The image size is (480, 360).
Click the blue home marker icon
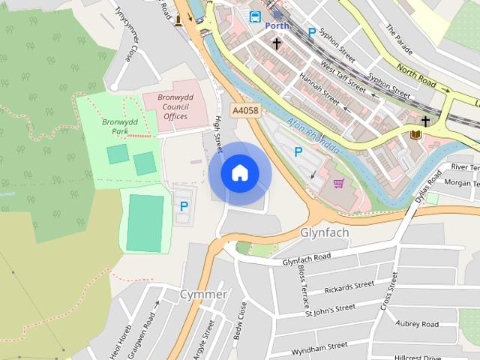click(x=239, y=173)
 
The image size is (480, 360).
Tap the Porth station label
click(x=277, y=25)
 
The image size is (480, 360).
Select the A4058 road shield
click(x=245, y=110)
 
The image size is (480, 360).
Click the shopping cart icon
click(x=338, y=182)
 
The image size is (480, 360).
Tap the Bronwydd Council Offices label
click(x=165, y=106)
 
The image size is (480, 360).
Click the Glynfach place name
click(x=324, y=232)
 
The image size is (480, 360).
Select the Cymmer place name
click(x=203, y=294)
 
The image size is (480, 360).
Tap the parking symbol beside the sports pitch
click(x=183, y=205)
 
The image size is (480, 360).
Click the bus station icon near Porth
click(x=256, y=15)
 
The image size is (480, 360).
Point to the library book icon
click(x=415, y=135)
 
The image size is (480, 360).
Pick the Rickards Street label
click(x=349, y=287)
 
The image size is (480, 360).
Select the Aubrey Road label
click(x=417, y=323)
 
